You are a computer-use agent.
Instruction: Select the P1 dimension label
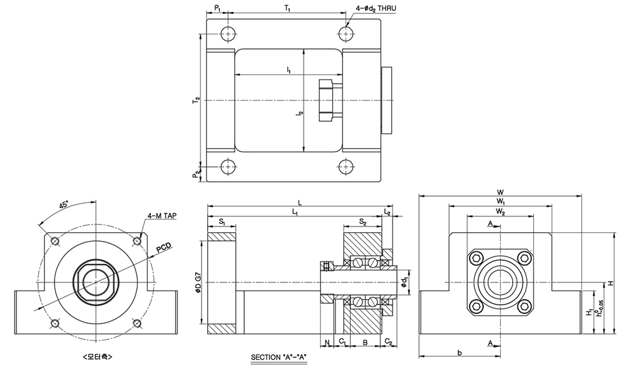[x=217, y=8]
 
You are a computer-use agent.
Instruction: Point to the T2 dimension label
[x=197, y=100]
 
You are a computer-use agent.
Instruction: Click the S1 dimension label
[x=222, y=222]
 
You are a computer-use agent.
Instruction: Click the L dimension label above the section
[x=300, y=201]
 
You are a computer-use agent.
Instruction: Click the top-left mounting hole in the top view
[x=227, y=34]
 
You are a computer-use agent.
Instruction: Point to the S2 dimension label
[x=363, y=222]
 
